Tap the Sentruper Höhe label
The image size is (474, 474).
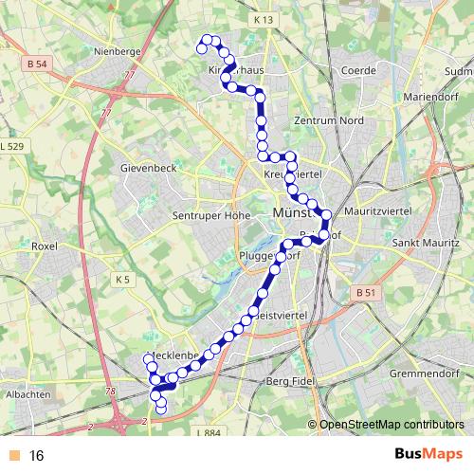pos(210,215)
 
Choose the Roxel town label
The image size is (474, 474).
pos(44,246)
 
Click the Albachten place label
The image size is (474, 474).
pos(27,393)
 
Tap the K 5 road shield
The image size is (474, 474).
pos(123,280)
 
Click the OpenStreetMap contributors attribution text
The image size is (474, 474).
pos(392,424)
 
